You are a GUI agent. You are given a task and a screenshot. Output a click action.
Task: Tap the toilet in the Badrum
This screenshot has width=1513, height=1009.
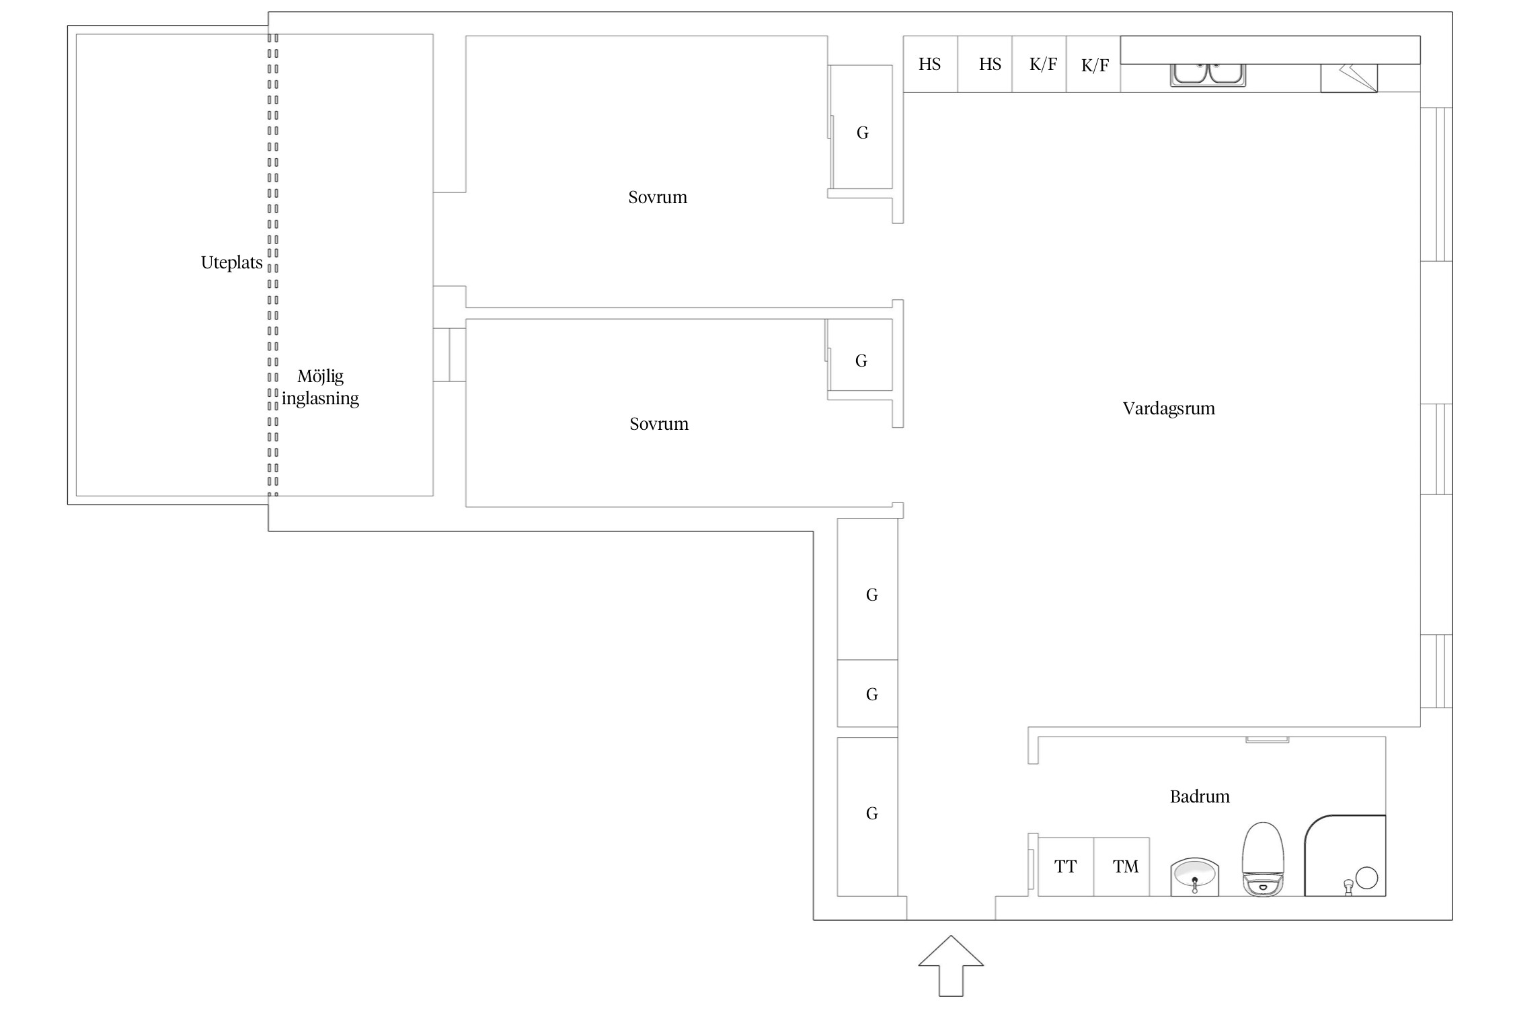click(1264, 859)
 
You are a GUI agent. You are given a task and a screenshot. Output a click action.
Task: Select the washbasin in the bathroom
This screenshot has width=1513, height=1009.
click(1195, 876)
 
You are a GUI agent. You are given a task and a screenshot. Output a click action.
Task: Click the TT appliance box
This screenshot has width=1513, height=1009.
click(1066, 866)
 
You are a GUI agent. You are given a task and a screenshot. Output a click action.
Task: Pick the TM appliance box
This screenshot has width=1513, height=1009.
click(1122, 866)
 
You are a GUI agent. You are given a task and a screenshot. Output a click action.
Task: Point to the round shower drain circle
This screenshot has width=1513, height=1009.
click(1366, 878)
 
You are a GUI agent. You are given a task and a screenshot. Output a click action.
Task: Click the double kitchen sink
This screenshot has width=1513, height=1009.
click(1208, 75)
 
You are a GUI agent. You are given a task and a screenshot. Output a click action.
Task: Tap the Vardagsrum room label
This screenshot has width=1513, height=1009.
click(1169, 409)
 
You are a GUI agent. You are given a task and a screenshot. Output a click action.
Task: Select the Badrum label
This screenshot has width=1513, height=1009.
click(1200, 796)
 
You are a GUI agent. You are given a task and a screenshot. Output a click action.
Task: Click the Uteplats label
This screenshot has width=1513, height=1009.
click(231, 262)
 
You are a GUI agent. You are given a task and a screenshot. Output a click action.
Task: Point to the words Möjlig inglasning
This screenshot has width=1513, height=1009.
click(320, 387)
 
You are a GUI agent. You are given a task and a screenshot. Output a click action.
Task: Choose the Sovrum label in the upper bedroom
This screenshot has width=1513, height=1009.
click(658, 197)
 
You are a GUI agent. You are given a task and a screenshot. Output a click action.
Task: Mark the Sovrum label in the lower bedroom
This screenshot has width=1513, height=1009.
click(659, 424)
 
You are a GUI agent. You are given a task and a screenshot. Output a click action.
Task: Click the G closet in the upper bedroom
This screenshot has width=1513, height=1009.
click(862, 127)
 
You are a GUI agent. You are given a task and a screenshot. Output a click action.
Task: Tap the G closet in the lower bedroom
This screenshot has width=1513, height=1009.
click(861, 354)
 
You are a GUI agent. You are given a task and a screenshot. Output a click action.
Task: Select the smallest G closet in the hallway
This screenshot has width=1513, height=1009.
click(867, 693)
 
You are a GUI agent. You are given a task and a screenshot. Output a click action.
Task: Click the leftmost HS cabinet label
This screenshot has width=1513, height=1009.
click(930, 65)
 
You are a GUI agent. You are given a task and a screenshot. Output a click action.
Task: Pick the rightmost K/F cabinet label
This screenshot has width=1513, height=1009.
click(1095, 65)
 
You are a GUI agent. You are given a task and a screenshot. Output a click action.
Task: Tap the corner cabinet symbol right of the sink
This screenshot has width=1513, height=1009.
click(1349, 78)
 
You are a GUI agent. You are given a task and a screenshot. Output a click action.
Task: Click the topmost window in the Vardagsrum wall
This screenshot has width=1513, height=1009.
click(1436, 184)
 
